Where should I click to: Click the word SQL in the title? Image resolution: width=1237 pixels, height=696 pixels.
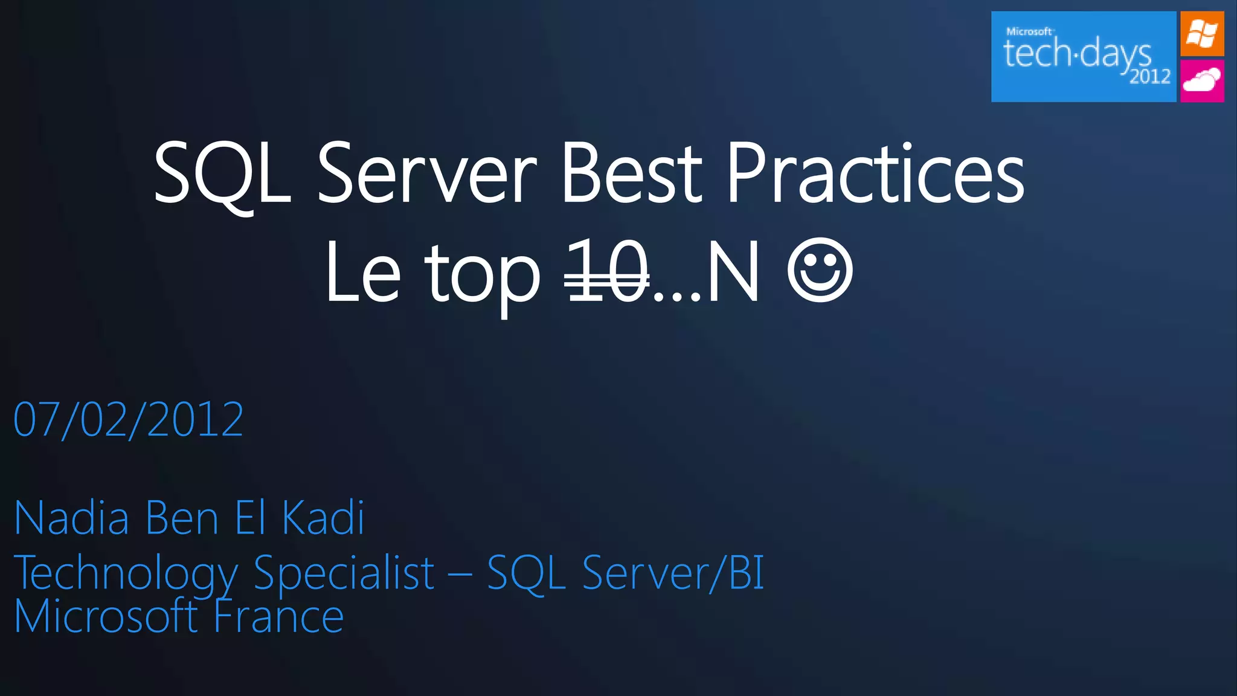click(x=222, y=174)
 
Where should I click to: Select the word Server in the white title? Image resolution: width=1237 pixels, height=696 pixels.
click(x=426, y=174)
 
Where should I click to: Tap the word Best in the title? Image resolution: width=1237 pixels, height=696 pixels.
click(x=632, y=174)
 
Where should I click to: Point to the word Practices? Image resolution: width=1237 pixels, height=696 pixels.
click(x=875, y=174)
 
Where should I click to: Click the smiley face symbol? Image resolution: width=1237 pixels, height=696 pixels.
click(x=820, y=271)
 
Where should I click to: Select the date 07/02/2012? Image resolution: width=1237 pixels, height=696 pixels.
click(x=129, y=420)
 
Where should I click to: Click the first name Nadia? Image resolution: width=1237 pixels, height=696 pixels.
click(x=71, y=518)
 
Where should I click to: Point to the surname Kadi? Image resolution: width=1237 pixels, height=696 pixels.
click(x=324, y=518)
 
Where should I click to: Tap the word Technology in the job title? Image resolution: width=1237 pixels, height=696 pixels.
click(x=126, y=573)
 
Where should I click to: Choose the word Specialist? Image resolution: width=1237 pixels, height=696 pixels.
click(x=344, y=573)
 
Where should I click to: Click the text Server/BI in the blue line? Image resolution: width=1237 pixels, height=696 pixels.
click(x=673, y=573)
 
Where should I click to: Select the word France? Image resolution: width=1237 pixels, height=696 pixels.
click(x=279, y=617)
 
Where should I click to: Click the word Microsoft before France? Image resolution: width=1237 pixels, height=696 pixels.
click(x=106, y=617)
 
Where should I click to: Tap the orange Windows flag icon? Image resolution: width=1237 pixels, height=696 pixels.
click(x=1202, y=34)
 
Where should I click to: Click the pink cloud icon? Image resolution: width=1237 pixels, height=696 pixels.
click(x=1202, y=80)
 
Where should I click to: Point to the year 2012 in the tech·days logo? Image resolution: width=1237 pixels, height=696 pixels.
click(x=1150, y=77)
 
